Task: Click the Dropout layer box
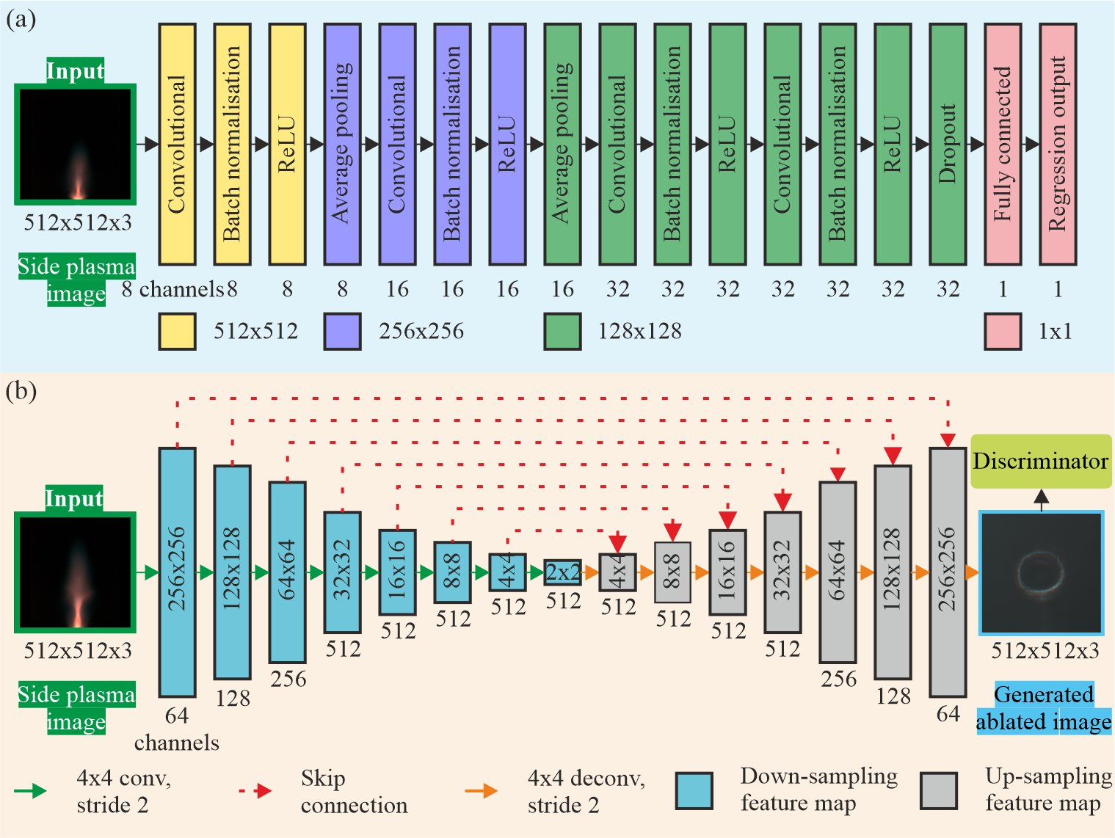[948, 144]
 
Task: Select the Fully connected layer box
[1003, 144]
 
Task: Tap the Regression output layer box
[1058, 144]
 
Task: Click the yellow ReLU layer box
[287, 144]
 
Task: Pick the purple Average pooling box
[342, 144]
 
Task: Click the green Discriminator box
[1041, 461]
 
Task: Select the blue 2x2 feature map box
[562, 572]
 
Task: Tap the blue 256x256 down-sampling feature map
[177, 572]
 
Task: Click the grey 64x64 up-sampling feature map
[838, 572]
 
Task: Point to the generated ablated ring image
[1042, 572]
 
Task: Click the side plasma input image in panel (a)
[75, 145]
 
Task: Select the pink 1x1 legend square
[1003, 331]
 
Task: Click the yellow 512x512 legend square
[177, 331]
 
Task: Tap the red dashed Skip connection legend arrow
[256, 791]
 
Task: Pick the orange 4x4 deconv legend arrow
[482, 791]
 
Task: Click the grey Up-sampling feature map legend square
[939, 790]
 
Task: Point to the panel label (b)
[21, 390]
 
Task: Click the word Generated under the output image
[1043, 694]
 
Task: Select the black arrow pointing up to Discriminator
[1041, 500]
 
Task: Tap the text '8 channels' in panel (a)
[172, 290]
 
